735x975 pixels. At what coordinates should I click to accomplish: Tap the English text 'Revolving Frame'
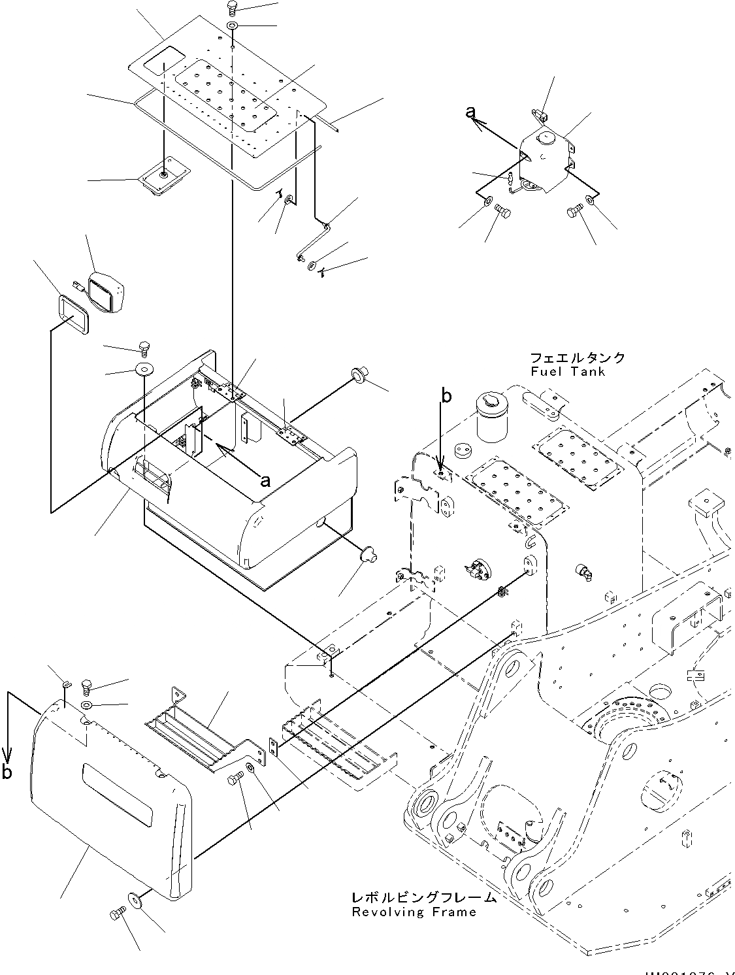point(414,912)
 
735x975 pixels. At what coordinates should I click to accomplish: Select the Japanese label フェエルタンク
point(577,358)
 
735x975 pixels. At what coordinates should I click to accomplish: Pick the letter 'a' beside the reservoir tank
point(470,113)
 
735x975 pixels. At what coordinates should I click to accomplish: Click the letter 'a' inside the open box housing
point(265,480)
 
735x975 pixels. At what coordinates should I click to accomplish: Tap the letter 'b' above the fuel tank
point(446,395)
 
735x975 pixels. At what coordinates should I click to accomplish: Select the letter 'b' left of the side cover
point(7,772)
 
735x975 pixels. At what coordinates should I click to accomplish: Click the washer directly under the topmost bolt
point(233,26)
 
